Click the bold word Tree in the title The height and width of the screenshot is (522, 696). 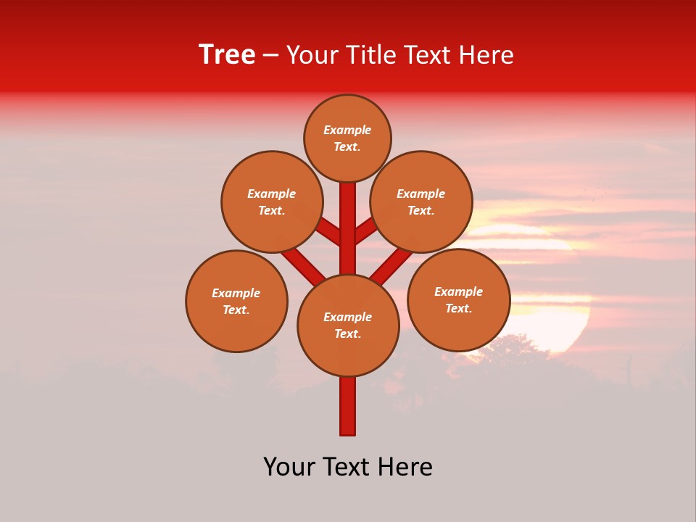[x=227, y=55]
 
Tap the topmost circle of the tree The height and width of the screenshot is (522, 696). [x=347, y=138]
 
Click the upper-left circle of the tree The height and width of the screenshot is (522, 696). [x=272, y=202]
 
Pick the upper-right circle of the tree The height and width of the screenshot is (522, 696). [x=421, y=202]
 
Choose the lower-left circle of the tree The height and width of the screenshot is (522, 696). [x=236, y=301]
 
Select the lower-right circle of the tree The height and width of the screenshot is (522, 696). [x=458, y=299]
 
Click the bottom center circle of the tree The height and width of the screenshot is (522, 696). [x=348, y=325]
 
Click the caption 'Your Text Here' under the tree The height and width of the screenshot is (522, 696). [x=348, y=467]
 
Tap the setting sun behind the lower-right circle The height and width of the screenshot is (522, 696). [x=558, y=319]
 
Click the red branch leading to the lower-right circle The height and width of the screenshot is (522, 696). [x=391, y=265]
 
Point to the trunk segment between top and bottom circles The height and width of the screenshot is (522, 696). [x=348, y=228]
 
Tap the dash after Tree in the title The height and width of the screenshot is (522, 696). [x=271, y=55]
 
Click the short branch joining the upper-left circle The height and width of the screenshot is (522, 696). [x=328, y=231]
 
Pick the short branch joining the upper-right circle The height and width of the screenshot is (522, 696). [x=367, y=231]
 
